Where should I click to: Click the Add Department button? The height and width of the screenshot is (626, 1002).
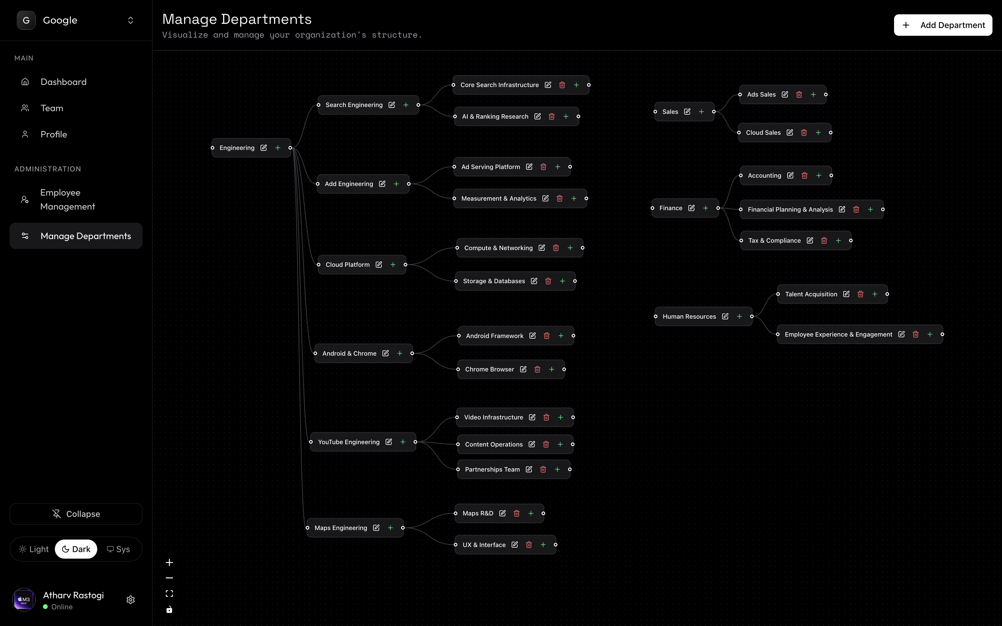coord(942,25)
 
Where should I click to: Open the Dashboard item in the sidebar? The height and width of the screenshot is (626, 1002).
coord(63,82)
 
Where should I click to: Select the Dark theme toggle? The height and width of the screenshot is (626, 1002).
coord(76,549)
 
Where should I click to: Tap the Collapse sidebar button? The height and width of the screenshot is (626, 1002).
coord(76,514)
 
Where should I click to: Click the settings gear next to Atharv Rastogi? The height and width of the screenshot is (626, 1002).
coord(130,600)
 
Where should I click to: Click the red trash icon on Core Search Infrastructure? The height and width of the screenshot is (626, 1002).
coord(562,85)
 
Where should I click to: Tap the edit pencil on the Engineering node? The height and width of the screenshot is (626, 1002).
coord(264,148)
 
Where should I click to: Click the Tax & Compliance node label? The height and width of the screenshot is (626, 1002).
coord(774,241)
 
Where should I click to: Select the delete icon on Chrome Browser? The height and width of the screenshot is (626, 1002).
coord(537,369)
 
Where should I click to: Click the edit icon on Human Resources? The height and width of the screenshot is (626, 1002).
coord(725,316)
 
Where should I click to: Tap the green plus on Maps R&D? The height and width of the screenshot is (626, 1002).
coord(531,513)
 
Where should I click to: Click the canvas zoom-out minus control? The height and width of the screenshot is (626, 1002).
coord(169,578)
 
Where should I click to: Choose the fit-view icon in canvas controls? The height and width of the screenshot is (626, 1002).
coord(169,594)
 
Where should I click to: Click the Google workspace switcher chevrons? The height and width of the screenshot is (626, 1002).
coord(130,20)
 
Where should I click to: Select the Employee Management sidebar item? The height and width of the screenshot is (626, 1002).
coord(67,199)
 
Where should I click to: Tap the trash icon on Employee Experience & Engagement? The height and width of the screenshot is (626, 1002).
coord(916,334)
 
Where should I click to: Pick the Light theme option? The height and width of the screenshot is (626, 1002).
coord(34,549)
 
